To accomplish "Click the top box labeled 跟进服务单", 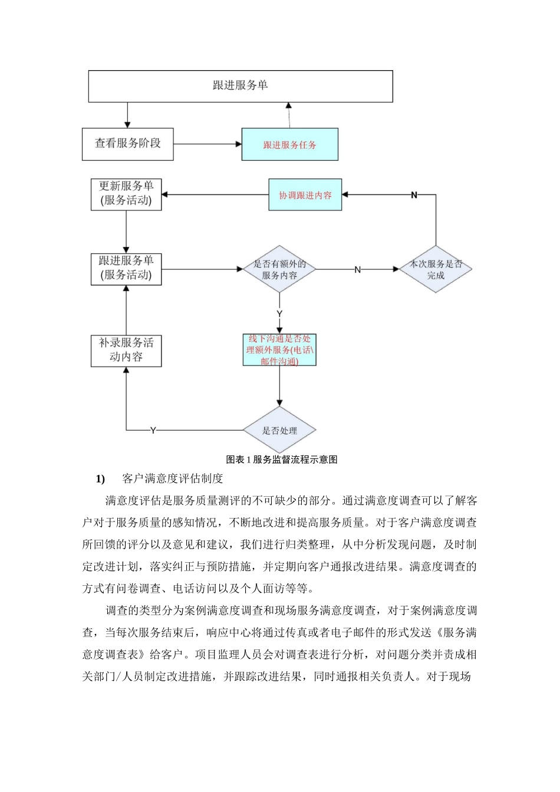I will point(241,86).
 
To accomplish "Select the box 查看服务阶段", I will point(127,144).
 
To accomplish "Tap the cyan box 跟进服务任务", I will point(289,144).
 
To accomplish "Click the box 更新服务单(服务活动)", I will point(126,194).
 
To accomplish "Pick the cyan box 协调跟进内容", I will point(305,195).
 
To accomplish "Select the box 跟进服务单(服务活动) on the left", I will point(126,269).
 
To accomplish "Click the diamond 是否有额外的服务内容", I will point(279,269).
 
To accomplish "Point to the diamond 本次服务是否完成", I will point(436,269).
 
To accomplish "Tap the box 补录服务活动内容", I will point(126,351).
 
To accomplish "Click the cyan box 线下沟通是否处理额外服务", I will point(279,350).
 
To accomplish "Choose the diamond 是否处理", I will point(279,430).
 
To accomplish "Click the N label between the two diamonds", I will point(357,270).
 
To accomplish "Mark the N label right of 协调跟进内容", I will point(414,195).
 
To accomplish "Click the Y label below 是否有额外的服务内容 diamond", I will point(279,313).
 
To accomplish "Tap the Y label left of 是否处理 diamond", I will point(153,431).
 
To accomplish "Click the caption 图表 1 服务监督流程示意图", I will point(281,460).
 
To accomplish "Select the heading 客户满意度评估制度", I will point(172,478).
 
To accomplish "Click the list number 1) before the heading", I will point(100,478).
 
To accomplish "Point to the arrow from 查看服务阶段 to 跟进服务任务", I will point(207,144).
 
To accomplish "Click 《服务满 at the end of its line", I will point(457,633).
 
